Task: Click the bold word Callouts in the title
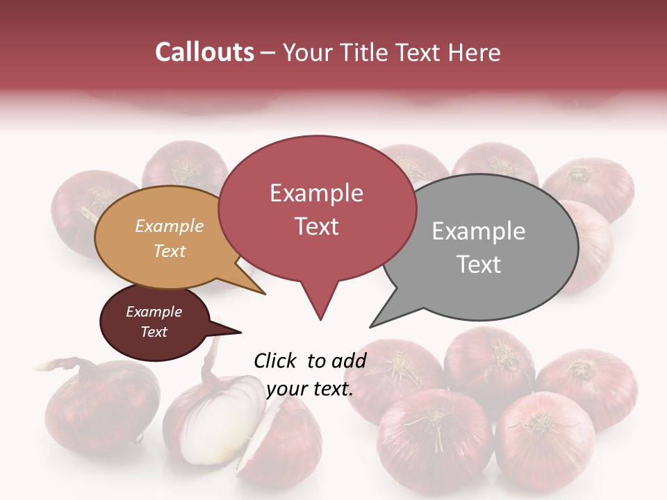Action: click(204, 52)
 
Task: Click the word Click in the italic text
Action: click(275, 360)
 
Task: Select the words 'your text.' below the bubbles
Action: click(310, 389)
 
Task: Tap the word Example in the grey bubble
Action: click(478, 231)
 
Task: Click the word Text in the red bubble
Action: click(317, 226)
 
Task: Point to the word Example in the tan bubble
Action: click(170, 226)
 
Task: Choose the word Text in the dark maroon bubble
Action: click(154, 332)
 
